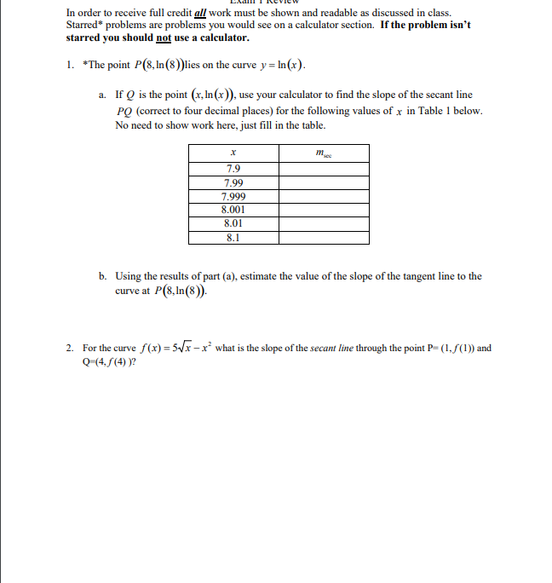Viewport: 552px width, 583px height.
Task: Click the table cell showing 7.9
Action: pos(233,169)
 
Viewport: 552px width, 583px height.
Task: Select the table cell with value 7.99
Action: pos(233,182)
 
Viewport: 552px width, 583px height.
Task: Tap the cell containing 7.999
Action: pos(233,196)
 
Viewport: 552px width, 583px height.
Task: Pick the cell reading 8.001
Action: pos(233,209)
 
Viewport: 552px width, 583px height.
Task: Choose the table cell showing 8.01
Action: pos(233,222)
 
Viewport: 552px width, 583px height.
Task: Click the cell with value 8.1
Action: pos(233,238)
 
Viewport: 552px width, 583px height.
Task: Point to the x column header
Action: pos(233,153)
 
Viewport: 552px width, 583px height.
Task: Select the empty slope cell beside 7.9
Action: pos(323,169)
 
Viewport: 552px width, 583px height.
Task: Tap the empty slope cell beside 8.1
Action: pos(323,238)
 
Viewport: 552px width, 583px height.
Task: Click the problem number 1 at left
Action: pos(69,66)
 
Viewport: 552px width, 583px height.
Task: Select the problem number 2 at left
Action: pos(69,348)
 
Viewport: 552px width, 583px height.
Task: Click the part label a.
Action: pos(102,95)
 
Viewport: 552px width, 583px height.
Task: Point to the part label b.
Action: pos(102,276)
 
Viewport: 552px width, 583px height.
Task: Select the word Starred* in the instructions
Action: pos(85,26)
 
